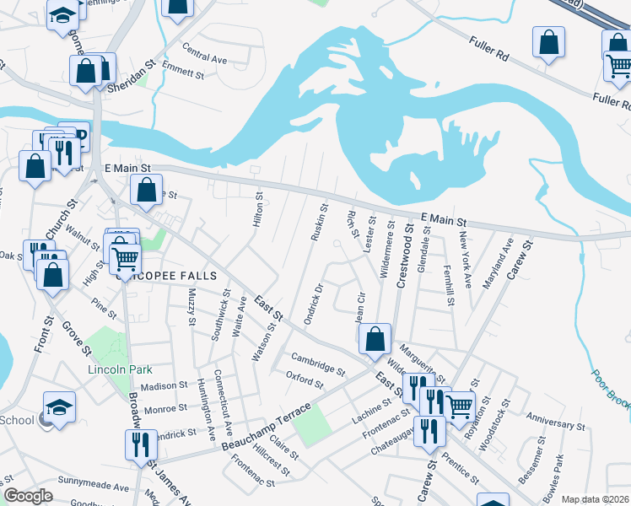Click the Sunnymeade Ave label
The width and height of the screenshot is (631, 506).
[x=93, y=485]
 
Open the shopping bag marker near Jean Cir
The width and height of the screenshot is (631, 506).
[x=375, y=339]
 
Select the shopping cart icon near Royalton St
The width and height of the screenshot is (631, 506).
[x=459, y=406]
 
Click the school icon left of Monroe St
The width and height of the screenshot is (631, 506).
[x=59, y=407]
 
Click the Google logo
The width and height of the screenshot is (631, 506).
[x=28, y=496]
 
